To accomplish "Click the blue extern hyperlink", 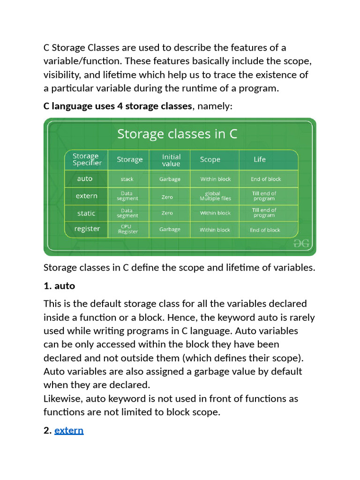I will pyautogui.click(x=69, y=430).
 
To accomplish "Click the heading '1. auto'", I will pyautogui.click(x=59, y=285).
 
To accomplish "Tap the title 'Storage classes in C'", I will pyautogui.click(x=177, y=134).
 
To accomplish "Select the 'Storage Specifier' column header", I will pyautogui.click(x=87, y=159).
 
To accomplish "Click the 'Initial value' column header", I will pyautogui.click(x=171, y=160).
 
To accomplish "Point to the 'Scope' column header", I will pyautogui.click(x=210, y=159).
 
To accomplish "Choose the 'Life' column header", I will pyautogui.click(x=260, y=159).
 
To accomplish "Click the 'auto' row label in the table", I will pyautogui.click(x=85, y=179).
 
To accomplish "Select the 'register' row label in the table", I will pyautogui.click(x=87, y=229).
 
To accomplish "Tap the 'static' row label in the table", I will pyautogui.click(x=86, y=213).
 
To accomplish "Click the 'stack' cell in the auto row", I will pyautogui.click(x=127, y=179).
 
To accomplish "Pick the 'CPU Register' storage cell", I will pyautogui.click(x=128, y=229).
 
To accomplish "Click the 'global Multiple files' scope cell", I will pyautogui.click(x=215, y=196).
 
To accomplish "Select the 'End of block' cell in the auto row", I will pyautogui.click(x=266, y=179).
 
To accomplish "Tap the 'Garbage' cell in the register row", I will pyautogui.click(x=170, y=229).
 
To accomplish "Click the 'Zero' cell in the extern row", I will pyautogui.click(x=167, y=197).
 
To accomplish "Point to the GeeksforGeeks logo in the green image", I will pyautogui.click(x=301, y=243).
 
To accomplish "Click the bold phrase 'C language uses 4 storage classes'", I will pyautogui.click(x=118, y=106).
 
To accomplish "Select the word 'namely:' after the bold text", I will pyautogui.click(x=215, y=106).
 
